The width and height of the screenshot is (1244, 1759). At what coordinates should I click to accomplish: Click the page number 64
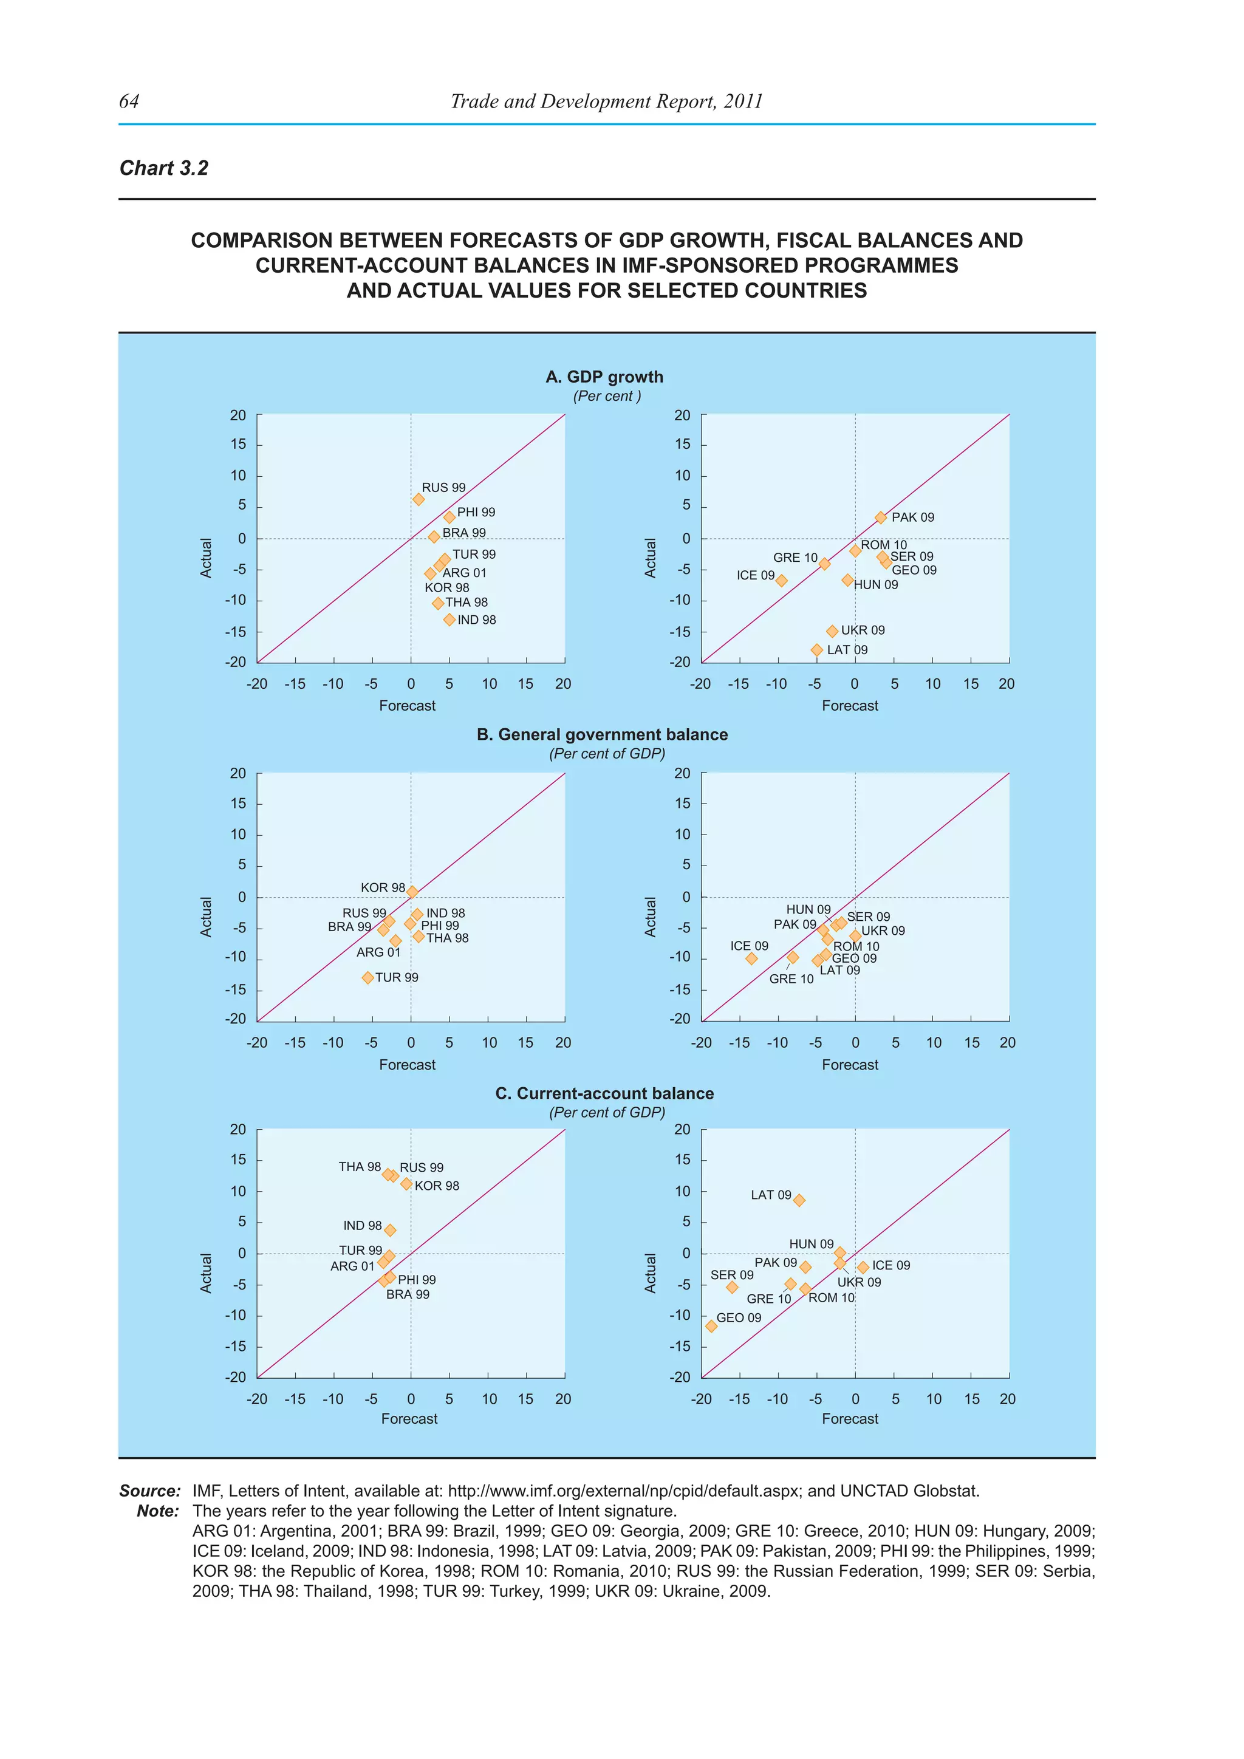(129, 101)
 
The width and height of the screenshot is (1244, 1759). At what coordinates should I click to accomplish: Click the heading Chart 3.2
(163, 168)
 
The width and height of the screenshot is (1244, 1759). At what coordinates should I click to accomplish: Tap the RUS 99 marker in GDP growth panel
(419, 499)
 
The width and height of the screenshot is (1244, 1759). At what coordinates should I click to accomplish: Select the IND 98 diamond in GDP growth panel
(449, 620)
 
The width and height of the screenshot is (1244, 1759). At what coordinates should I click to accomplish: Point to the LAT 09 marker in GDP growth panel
(816, 650)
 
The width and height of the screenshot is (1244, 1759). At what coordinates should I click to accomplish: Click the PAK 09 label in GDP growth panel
(912, 517)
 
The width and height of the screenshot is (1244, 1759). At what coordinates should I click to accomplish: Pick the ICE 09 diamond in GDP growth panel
(781, 581)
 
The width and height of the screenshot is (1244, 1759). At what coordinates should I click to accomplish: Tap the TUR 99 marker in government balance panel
(367, 977)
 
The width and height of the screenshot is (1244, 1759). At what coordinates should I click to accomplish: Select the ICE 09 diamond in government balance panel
(751, 958)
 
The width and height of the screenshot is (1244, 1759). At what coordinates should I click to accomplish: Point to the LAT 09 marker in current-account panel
(799, 1200)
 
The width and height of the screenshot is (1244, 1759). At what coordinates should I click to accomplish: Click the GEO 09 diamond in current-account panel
(711, 1326)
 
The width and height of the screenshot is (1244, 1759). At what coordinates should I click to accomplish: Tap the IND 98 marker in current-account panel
(390, 1231)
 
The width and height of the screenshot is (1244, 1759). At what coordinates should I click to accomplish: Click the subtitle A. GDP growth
(604, 377)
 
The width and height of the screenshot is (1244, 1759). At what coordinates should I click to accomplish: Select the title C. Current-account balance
(604, 1093)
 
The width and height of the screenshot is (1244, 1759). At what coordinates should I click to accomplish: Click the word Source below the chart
(149, 1491)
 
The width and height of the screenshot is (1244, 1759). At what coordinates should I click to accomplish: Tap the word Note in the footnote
(158, 1511)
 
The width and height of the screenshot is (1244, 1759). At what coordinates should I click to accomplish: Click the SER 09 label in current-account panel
(731, 1275)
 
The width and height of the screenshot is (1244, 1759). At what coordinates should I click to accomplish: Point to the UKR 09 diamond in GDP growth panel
(832, 631)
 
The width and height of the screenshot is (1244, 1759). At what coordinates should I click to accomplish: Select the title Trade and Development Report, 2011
(606, 101)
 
